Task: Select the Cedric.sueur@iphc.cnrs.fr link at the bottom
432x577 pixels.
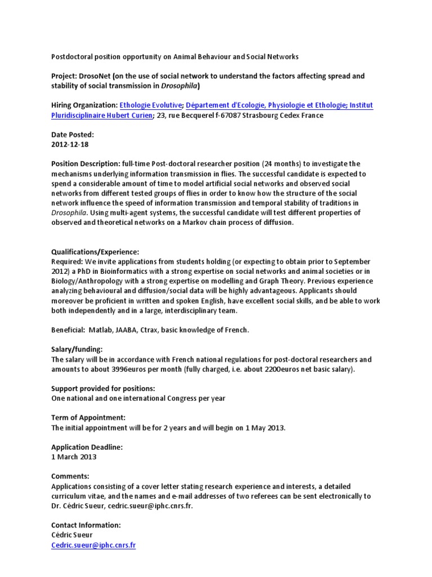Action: click(x=93, y=545)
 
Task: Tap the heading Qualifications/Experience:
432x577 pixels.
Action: click(x=94, y=252)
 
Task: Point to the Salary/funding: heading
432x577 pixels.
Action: click(x=76, y=349)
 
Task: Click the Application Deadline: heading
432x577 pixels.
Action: click(x=87, y=447)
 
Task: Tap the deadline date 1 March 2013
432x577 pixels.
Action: click(x=74, y=457)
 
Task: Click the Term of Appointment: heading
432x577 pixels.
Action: click(x=88, y=418)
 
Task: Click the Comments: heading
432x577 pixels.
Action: click(x=70, y=476)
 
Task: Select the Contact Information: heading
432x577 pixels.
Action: click(x=85, y=525)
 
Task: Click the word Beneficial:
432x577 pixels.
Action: click(x=70, y=330)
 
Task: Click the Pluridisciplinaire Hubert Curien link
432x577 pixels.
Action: click(x=101, y=116)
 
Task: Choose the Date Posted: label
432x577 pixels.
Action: click(x=73, y=135)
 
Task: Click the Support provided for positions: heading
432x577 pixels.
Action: click(x=103, y=389)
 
